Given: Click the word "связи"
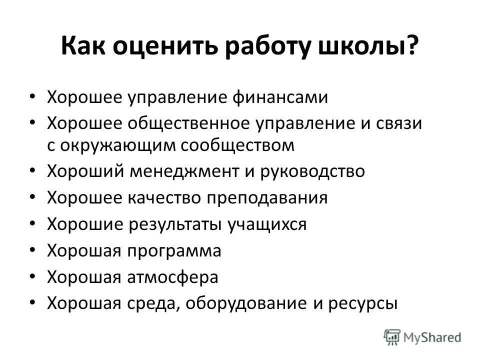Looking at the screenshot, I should (398, 122).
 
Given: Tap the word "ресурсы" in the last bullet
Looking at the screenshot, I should (361, 303).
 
